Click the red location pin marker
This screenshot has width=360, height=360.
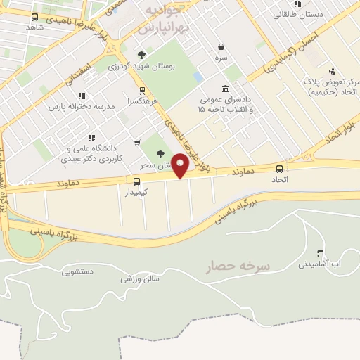pyautogui.click(x=181, y=165)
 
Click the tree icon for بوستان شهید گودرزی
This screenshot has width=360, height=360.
pyautogui.click(x=142, y=55)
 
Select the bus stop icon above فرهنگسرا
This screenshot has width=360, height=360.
pyautogui.click(x=142, y=91)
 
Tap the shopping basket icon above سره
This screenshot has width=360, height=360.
pyautogui.click(x=221, y=46)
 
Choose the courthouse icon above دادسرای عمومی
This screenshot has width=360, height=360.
pyautogui.click(x=224, y=89)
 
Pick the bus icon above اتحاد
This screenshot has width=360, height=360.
pyautogui.click(x=280, y=169)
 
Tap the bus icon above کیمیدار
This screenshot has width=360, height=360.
pyautogui.click(x=136, y=181)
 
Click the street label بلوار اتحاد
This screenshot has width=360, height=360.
pyautogui.click(x=335, y=141)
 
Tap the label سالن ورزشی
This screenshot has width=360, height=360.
pyautogui.click(x=136, y=279)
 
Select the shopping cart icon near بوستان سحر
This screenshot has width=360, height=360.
pyautogui.click(x=136, y=143)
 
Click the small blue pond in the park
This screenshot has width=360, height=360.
pyautogui.click(x=198, y=76)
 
